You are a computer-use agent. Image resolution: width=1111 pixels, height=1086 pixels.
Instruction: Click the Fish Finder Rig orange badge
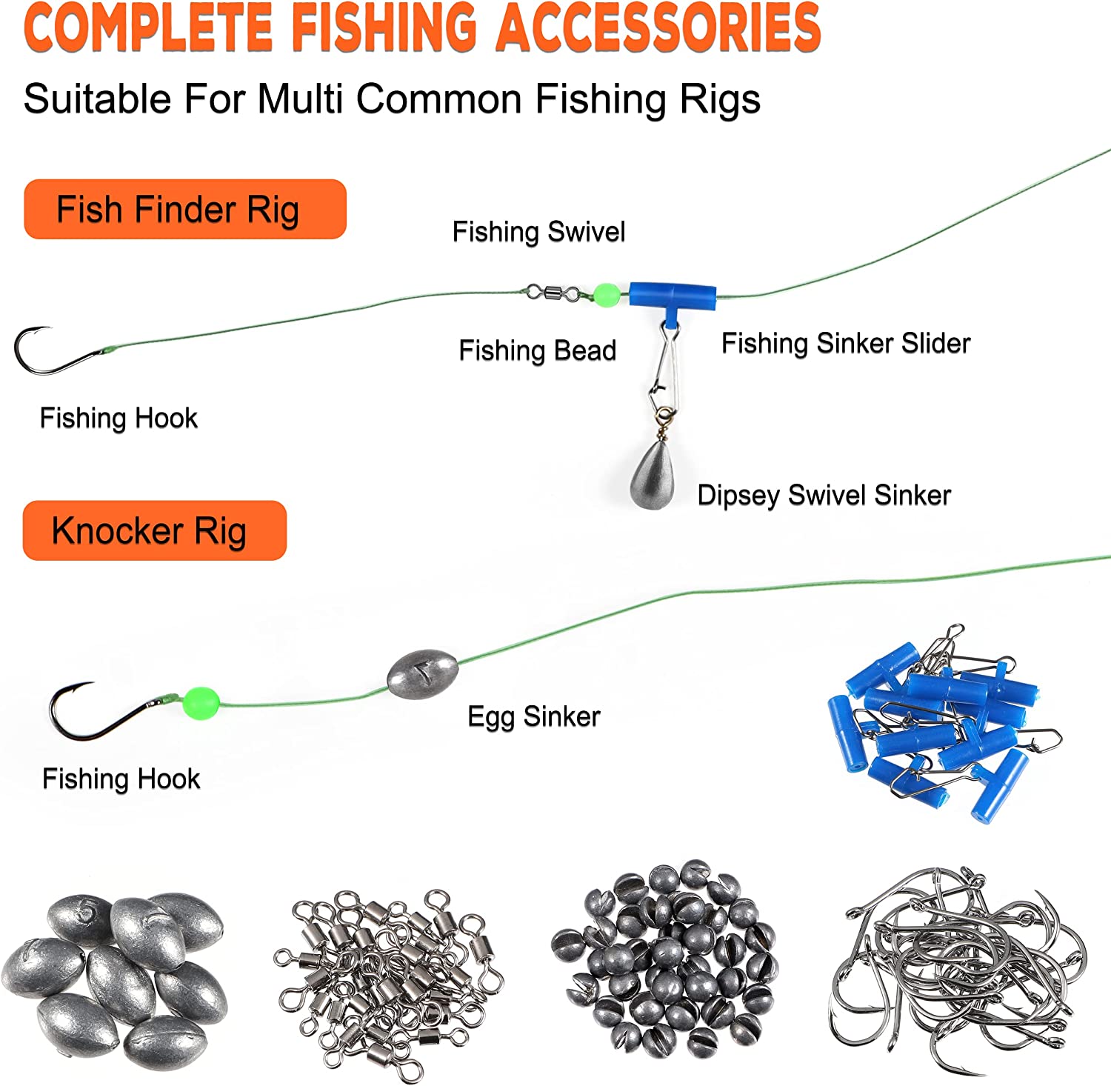185,209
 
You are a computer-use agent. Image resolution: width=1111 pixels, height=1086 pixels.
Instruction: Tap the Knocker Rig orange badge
155,530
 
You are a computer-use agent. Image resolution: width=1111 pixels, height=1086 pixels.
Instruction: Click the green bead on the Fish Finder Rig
606,294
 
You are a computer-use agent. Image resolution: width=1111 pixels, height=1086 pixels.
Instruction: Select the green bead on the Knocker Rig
201,702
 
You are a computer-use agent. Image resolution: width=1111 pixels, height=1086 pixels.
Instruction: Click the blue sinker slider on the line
673,301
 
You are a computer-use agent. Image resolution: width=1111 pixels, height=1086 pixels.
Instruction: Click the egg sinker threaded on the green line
422,672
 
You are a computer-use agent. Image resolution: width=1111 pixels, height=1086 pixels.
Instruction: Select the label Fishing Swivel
538,232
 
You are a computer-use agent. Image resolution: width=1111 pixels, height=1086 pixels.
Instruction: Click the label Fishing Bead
537,350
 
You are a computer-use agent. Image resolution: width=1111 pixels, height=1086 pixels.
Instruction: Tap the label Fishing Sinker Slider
846,343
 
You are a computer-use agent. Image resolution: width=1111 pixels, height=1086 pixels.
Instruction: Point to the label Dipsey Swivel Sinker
824,496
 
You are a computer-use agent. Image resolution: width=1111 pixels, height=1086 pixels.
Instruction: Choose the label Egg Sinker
533,717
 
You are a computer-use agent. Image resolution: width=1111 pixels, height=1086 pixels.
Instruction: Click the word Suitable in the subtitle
97,99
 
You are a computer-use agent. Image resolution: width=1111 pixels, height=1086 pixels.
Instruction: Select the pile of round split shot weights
664,959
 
